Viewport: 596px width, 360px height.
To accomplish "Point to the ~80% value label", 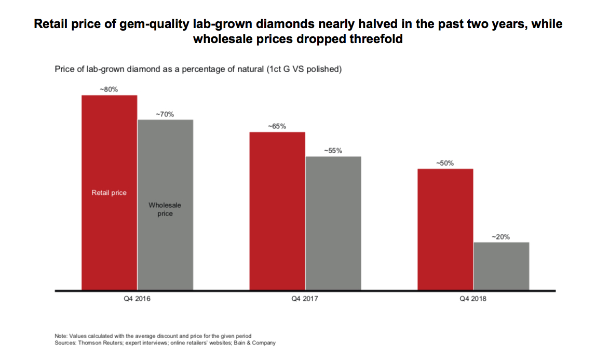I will [x=109, y=89].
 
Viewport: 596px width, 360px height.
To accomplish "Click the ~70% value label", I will [x=165, y=114].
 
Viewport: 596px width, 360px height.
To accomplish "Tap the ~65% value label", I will [x=277, y=126].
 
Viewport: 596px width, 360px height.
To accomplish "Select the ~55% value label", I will [x=333, y=151].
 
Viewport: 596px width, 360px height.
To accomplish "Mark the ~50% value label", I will [x=445, y=163].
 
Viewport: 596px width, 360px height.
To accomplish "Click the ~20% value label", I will [x=501, y=236].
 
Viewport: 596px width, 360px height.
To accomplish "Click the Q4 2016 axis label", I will [x=138, y=299].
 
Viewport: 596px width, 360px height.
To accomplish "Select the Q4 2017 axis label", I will [x=305, y=299].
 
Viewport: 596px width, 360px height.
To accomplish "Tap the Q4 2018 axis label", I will [x=473, y=299].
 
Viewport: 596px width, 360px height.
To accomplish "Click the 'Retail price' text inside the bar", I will [x=109, y=193].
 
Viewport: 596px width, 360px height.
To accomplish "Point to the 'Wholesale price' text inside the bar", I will [x=165, y=209].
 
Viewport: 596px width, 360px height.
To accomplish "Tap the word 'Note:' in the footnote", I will [x=61, y=336].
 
